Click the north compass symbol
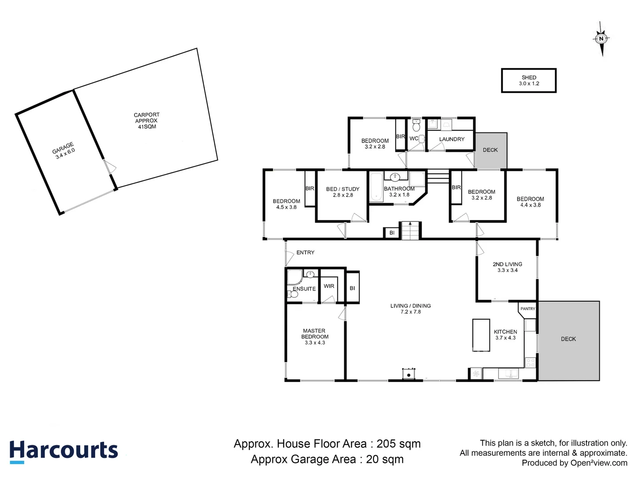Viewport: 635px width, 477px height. click(x=601, y=39)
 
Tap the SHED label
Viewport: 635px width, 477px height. click(x=529, y=78)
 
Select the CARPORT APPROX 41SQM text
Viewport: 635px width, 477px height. click(x=146, y=121)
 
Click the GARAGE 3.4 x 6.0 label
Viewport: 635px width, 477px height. click(x=64, y=151)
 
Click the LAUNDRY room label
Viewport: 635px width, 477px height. click(x=452, y=139)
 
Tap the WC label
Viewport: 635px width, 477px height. click(x=414, y=139)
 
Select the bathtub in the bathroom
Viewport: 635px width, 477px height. click(x=376, y=187)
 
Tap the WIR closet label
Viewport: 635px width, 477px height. click(x=329, y=286)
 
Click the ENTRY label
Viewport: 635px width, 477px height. click(x=305, y=253)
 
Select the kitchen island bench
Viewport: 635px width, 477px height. click(x=481, y=335)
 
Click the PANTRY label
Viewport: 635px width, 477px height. click(x=527, y=309)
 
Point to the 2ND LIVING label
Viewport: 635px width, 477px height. click(x=507, y=267)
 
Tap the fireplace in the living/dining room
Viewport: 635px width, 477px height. click(x=409, y=374)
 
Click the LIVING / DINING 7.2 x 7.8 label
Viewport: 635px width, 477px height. click(x=411, y=309)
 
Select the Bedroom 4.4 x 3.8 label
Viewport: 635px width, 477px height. click(x=530, y=202)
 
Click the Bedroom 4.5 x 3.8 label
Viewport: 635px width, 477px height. click(x=286, y=204)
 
